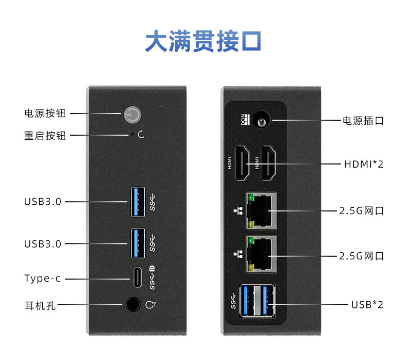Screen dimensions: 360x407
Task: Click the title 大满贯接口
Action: (x=203, y=41)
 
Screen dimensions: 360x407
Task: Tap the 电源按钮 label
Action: (x=45, y=113)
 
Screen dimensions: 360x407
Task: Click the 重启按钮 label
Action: (x=45, y=136)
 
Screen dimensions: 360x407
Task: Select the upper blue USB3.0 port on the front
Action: (x=137, y=202)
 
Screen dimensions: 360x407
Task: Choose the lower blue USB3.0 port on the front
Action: (x=137, y=242)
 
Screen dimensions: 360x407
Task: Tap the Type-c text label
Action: (x=42, y=279)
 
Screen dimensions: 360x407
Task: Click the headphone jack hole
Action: (x=133, y=304)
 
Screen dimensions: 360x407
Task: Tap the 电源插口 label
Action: (x=363, y=121)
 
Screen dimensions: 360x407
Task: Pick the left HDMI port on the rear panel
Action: (x=242, y=164)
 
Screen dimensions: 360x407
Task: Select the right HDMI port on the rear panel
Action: (x=269, y=164)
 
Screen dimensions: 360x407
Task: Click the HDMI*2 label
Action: (x=363, y=165)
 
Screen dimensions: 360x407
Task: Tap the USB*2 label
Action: (x=367, y=304)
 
